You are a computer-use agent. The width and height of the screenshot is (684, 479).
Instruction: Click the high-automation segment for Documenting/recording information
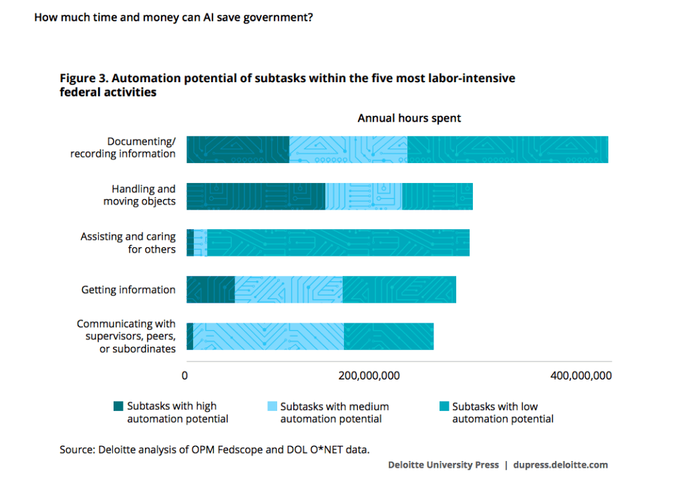point(238,150)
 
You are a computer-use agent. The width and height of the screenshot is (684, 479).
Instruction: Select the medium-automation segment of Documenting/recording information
point(348,150)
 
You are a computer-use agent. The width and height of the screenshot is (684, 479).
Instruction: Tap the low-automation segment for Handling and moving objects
point(437,196)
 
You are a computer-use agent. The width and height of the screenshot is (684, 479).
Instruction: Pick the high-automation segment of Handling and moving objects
point(256,196)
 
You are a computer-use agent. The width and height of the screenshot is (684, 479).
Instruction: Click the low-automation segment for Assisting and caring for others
point(338,243)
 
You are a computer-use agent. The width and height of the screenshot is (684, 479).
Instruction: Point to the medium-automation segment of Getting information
point(289,289)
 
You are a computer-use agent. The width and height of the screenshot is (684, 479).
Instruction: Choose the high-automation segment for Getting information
point(210,289)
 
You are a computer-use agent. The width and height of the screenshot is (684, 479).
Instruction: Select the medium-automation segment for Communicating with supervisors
point(269,336)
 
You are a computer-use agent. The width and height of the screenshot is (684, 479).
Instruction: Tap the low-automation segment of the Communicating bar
point(389,336)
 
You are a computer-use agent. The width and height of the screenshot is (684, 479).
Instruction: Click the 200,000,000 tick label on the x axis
point(369,375)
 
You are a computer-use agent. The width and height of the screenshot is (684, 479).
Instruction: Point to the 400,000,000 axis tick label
point(581,375)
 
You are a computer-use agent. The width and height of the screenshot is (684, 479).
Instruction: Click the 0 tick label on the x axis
point(185,375)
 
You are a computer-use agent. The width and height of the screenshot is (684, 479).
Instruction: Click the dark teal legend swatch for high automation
point(118,406)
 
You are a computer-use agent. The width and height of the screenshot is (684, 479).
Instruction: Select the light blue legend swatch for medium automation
point(273,406)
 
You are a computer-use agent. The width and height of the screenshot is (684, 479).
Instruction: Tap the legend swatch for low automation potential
point(444,406)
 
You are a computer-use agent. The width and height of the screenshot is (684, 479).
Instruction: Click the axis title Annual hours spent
point(409,118)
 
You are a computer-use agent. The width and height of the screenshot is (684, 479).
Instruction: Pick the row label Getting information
point(128,290)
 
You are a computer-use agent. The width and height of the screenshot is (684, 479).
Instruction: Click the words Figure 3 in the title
point(83,78)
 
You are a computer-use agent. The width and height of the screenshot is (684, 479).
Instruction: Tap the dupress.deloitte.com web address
point(560,465)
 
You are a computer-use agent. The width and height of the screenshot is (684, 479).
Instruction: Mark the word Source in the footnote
point(77,450)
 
